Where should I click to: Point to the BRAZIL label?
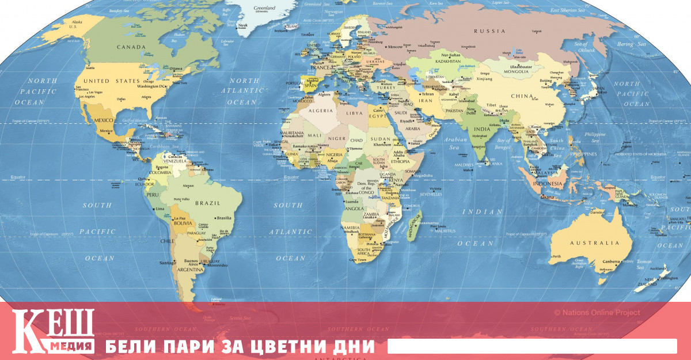coord(208,203)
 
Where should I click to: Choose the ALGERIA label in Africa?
coord(321,110)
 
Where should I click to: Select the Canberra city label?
coord(611,261)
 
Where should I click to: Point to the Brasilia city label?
coord(223,218)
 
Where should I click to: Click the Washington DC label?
coord(151,86)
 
